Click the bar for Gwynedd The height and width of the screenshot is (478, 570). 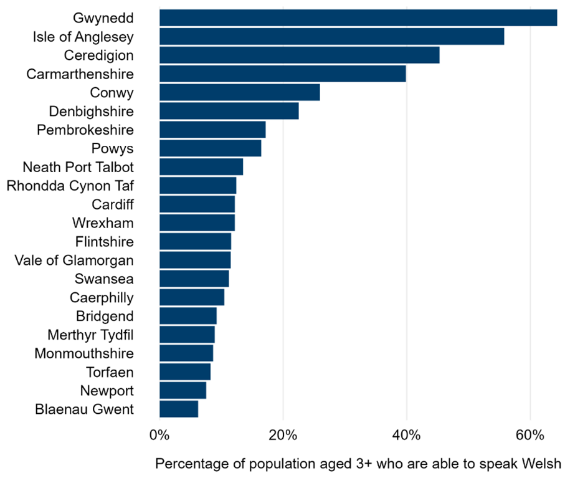358,17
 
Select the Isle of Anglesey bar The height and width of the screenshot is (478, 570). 331,36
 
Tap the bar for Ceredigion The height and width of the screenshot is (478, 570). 299,55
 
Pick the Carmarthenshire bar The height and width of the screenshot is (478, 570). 282,74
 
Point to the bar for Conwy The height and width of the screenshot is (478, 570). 239,92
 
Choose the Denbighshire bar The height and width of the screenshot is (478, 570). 229,111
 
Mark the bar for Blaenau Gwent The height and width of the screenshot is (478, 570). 179,409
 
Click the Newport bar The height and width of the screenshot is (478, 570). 183,390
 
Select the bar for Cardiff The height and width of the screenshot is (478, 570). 197,204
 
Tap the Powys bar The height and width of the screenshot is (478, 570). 210,148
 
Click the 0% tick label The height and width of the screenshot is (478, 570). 159,434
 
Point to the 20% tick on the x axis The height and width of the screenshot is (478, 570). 283,434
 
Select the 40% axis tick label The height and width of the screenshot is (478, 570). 406,434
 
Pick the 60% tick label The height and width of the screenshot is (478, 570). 530,434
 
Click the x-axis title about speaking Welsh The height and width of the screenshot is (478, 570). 358,464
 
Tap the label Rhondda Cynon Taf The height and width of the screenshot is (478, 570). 70,186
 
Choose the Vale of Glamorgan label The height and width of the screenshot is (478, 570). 74,260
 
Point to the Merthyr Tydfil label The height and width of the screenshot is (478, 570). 90,335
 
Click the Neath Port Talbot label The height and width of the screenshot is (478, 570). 78,167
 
